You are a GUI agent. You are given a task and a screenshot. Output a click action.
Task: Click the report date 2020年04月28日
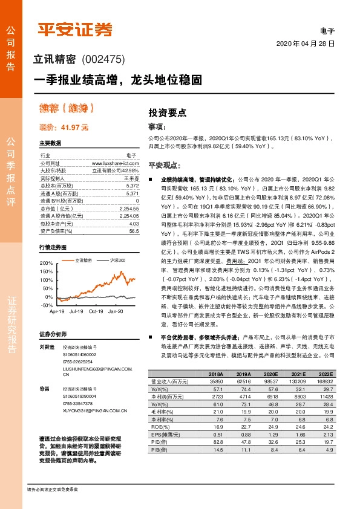(x=306, y=45)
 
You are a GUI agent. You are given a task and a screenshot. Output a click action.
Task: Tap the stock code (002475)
(x=102, y=59)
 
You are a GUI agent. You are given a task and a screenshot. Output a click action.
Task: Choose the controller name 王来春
(x=131, y=178)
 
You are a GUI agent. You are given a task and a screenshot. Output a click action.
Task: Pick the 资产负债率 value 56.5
(x=134, y=231)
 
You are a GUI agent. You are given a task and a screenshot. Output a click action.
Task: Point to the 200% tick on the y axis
(x=47, y=264)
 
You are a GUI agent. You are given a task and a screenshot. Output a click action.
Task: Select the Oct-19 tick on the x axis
(x=96, y=311)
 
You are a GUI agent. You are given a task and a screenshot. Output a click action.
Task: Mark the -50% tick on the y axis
(x=47, y=305)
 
